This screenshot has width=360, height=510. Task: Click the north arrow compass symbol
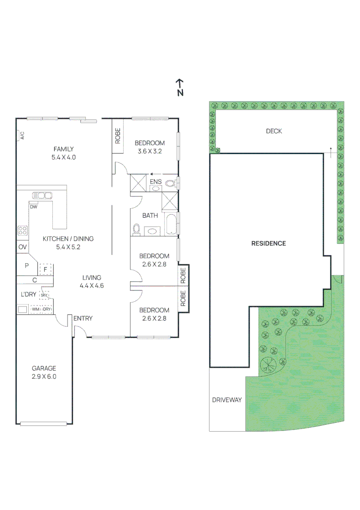click(x=180, y=86)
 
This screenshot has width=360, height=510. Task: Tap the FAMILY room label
click(x=64, y=153)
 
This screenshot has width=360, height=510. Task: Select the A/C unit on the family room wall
click(x=22, y=136)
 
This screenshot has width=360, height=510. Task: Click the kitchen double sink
click(x=42, y=195)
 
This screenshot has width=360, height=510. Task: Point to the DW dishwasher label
click(x=33, y=207)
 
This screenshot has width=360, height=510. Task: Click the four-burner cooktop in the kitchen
click(x=22, y=230)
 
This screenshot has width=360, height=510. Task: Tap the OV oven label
click(x=22, y=247)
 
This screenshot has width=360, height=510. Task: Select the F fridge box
click(x=45, y=269)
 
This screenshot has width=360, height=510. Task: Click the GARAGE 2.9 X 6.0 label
click(x=44, y=372)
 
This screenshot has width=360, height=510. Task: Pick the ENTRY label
click(x=83, y=319)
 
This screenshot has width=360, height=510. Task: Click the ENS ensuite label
click(x=155, y=182)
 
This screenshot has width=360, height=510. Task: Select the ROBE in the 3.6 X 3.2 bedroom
click(x=117, y=136)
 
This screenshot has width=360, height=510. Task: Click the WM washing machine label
click(x=35, y=309)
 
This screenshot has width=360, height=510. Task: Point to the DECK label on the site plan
click(x=274, y=131)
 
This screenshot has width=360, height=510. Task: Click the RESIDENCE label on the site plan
click(x=268, y=244)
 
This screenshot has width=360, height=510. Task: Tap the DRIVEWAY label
click(x=226, y=400)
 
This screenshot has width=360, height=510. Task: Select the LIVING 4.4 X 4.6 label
click(x=92, y=281)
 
